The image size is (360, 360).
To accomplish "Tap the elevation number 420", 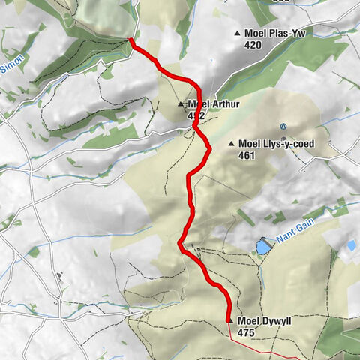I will click(253, 44).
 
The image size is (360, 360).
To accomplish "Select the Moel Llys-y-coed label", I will click(277, 144).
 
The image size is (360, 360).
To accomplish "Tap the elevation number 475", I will click(246, 331).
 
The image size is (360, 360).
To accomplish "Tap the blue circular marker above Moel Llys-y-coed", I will click(283, 126).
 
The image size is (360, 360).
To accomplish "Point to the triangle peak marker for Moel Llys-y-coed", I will click(232, 145).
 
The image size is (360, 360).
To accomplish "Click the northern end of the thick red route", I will click(132, 40).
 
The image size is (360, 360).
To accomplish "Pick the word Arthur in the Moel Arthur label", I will click(224, 104).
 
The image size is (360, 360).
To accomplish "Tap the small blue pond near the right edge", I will click(351, 245).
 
